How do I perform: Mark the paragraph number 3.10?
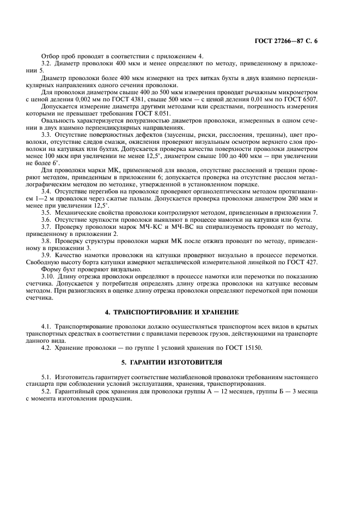click(x=49, y=277)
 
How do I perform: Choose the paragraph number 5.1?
click(x=47, y=377)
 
